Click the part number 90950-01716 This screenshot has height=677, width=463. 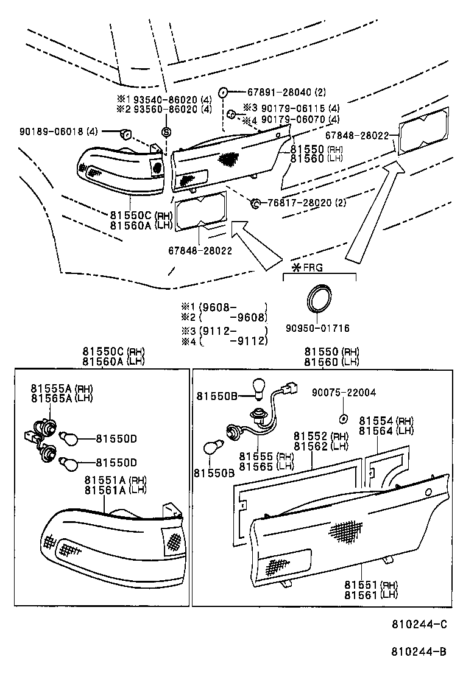[x=317, y=328]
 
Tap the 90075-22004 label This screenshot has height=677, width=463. [x=344, y=393]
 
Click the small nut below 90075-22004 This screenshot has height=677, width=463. [x=343, y=419]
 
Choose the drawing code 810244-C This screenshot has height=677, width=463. [x=419, y=624]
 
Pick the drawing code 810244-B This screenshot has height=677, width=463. [x=419, y=651]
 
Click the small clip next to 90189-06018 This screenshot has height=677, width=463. [x=128, y=133]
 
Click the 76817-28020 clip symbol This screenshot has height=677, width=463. [x=255, y=202]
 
